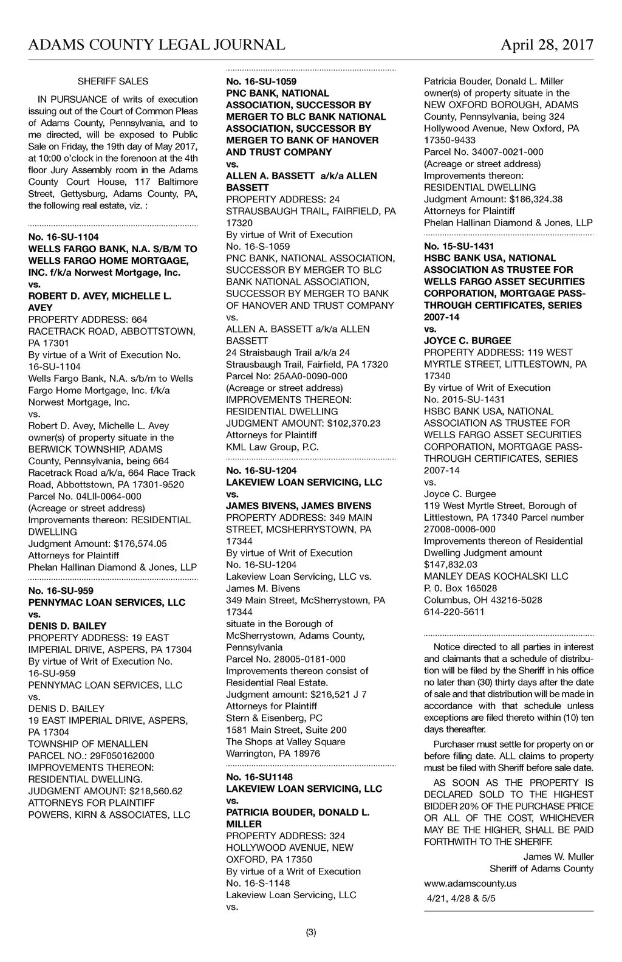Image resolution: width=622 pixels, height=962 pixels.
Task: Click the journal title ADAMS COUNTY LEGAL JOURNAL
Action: point(157,45)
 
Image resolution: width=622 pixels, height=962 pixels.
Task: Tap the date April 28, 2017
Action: point(547,45)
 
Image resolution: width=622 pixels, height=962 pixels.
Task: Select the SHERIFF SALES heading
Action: point(113,81)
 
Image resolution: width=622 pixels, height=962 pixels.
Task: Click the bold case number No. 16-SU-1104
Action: point(63,237)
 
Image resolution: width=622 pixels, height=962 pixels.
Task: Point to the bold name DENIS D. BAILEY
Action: point(67,626)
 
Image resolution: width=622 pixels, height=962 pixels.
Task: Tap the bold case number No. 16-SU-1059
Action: point(261,81)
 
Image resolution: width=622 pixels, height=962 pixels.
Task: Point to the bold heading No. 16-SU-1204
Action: point(261,470)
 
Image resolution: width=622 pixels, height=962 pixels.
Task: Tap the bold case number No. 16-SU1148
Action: point(259,777)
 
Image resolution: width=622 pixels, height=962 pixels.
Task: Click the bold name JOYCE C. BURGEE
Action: point(467,341)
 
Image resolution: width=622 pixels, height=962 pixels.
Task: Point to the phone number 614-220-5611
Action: point(454,612)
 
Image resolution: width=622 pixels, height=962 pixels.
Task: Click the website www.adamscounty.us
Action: point(470,884)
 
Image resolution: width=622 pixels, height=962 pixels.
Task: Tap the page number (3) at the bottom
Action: point(311,932)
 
